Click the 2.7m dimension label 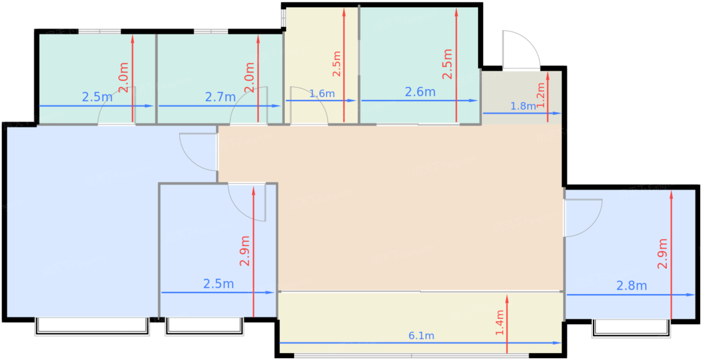coord(220,97)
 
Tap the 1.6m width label coord(321,93)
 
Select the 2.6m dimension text coord(420,92)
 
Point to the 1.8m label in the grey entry coord(523,106)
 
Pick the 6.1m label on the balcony coord(421,335)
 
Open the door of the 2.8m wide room coord(582,218)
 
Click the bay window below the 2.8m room coord(631,328)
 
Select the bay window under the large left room coord(92,326)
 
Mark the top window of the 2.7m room coord(211,32)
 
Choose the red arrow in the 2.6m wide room coord(456,65)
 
